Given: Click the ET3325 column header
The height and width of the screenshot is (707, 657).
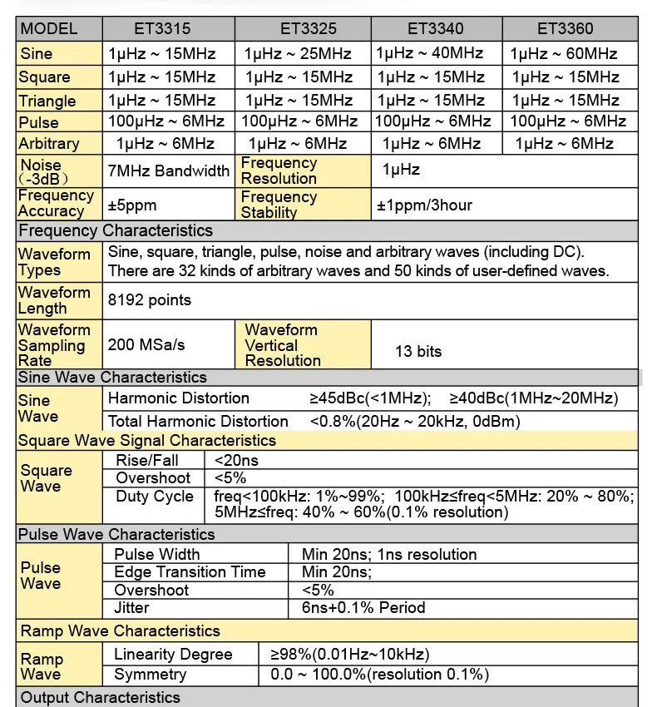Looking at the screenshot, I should pos(303,29).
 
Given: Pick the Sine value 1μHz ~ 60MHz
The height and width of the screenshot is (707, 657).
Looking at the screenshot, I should pos(564,54).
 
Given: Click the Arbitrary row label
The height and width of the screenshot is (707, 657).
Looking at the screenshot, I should pos(49,143).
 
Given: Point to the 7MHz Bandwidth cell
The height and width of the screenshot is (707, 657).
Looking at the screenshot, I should pos(169,171).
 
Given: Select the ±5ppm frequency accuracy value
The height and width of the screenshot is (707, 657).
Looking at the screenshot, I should pos(132,205).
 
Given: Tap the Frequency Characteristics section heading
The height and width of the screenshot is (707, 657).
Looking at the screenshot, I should pos(116,230).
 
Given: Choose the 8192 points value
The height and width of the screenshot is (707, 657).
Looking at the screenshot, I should pos(150,300).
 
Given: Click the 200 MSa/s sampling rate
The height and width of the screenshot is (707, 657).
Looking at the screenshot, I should pos(146,344).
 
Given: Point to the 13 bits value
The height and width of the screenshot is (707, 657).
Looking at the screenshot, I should pos(418,351).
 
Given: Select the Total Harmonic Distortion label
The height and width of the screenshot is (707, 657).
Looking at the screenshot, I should pos(198,421).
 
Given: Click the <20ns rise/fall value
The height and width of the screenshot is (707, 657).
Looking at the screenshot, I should pos(237,459).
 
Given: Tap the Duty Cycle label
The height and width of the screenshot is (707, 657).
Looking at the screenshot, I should pos(155,497).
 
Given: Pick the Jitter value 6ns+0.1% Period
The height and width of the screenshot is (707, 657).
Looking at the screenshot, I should pos(363,608).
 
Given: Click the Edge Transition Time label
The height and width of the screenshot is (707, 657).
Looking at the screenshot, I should pos(190,572).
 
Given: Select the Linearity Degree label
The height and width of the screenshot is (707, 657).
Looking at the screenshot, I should pos(173,655).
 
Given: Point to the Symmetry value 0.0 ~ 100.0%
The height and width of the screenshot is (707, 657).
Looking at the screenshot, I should pos(380,675).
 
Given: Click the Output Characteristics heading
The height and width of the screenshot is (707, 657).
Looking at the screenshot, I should pos(100,697).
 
